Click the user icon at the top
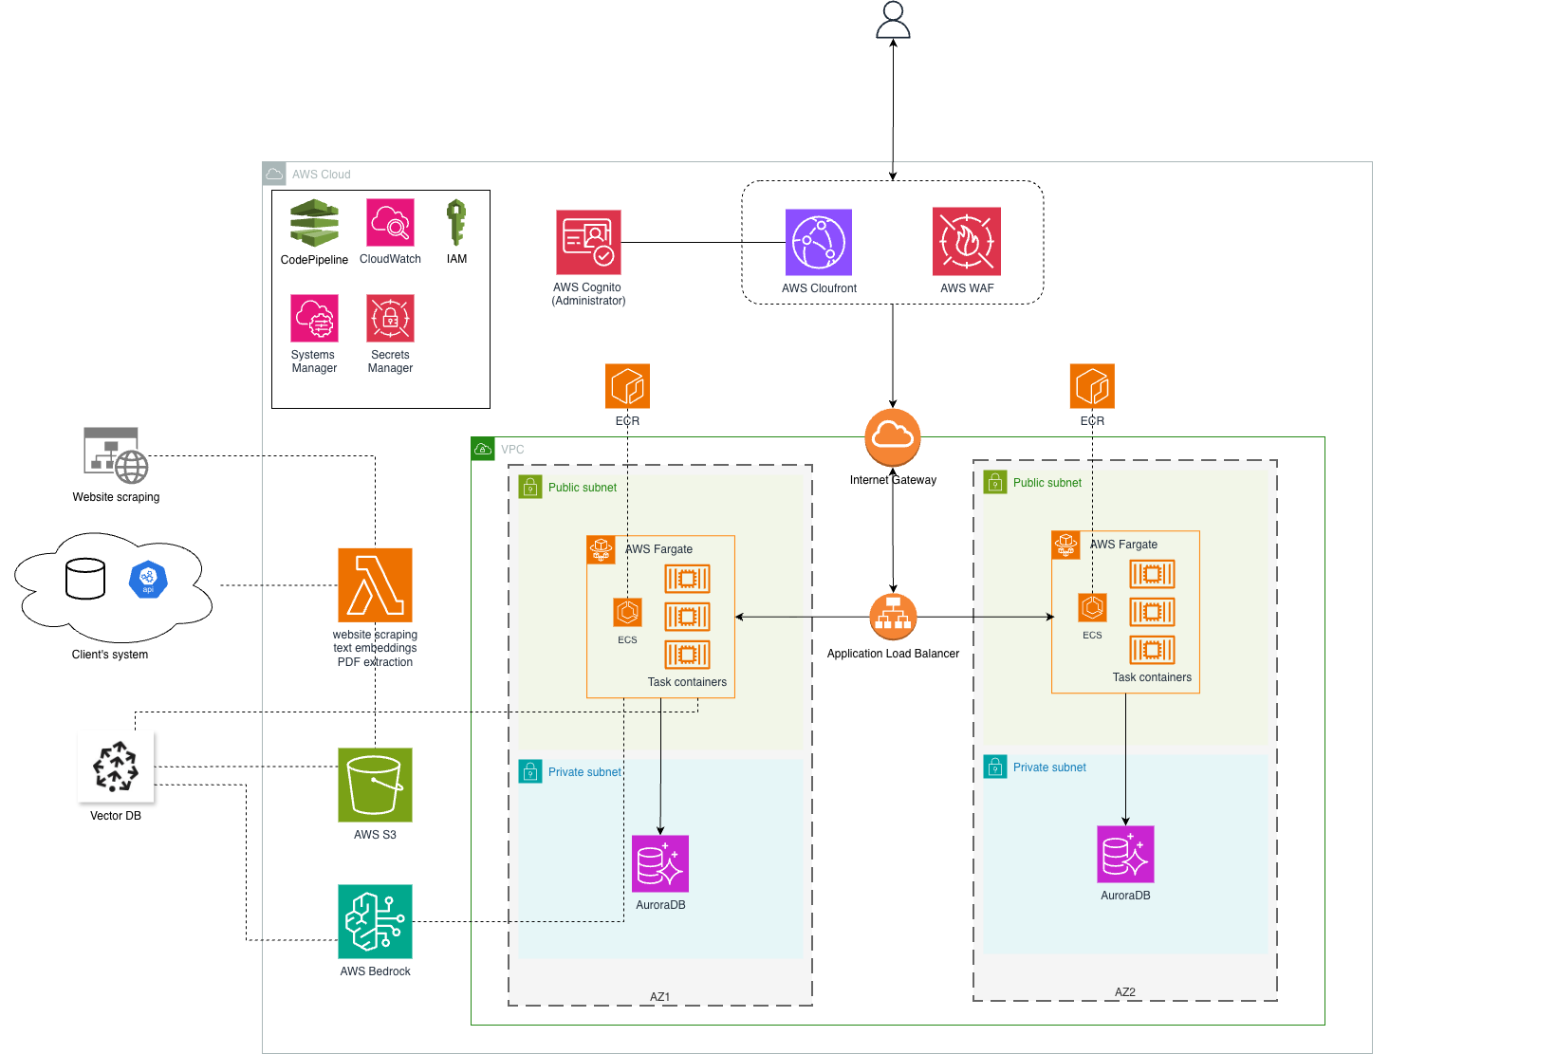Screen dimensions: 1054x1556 pos(893,20)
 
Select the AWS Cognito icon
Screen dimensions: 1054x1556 pos(588,242)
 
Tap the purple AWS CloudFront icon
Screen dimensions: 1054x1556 pos(818,242)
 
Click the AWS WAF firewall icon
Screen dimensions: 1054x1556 pos(966,241)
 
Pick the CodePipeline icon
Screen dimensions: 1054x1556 pos(314,223)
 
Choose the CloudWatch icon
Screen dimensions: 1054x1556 pos(390,222)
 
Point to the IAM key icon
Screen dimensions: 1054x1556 pos(456,223)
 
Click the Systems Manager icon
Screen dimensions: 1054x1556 pos(314,318)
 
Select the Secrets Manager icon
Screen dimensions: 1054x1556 pos(390,318)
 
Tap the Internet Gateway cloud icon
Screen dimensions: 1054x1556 pos(893,437)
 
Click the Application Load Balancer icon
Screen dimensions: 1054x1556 pos(893,617)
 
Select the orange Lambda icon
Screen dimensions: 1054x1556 pos(375,584)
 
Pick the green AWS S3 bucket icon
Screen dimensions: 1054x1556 pos(375,785)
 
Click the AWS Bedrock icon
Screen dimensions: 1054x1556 pos(375,921)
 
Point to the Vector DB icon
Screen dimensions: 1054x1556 pos(117,767)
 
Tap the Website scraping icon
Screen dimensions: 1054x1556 pos(116,455)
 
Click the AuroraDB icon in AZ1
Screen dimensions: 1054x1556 pos(660,863)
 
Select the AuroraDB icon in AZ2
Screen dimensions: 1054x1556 pos(1125,854)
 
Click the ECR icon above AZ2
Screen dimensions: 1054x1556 pos(1092,386)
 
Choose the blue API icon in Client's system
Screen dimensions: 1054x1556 pos(148,580)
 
